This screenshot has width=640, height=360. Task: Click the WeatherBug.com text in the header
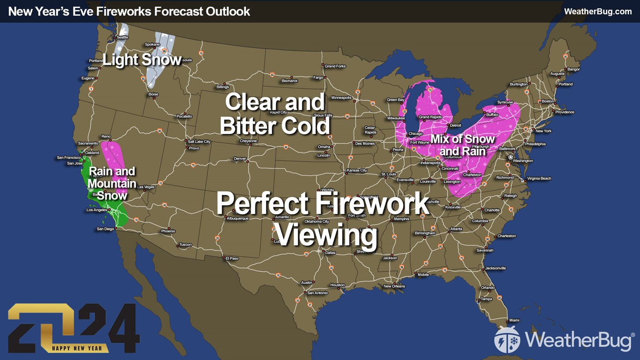(x=598, y=12)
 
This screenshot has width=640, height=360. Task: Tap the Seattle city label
(x=122, y=38)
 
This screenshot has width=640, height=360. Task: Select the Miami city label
(x=514, y=320)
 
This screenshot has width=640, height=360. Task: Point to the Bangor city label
(x=573, y=69)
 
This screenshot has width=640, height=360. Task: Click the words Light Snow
(x=142, y=60)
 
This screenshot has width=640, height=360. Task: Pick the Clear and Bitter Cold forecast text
(x=275, y=114)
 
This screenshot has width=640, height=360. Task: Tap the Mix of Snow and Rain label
(x=463, y=145)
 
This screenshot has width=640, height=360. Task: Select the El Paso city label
(x=232, y=258)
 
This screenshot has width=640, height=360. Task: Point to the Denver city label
(x=240, y=159)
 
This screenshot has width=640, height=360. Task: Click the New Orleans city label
(x=394, y=286)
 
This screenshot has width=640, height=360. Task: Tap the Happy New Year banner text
(x=77, y=348)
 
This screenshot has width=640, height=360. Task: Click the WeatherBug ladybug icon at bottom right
(x=507, y=340)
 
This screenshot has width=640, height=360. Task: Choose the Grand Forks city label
(x=335, y=66)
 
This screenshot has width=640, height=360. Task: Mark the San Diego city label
(x=105, y=229)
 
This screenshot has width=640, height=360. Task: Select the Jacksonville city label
(x=495, y=268)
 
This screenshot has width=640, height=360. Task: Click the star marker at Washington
(x=511, y=157)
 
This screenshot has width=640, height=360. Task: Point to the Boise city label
(x=153, y=94)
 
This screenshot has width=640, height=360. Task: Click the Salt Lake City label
(x=199, y=142)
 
